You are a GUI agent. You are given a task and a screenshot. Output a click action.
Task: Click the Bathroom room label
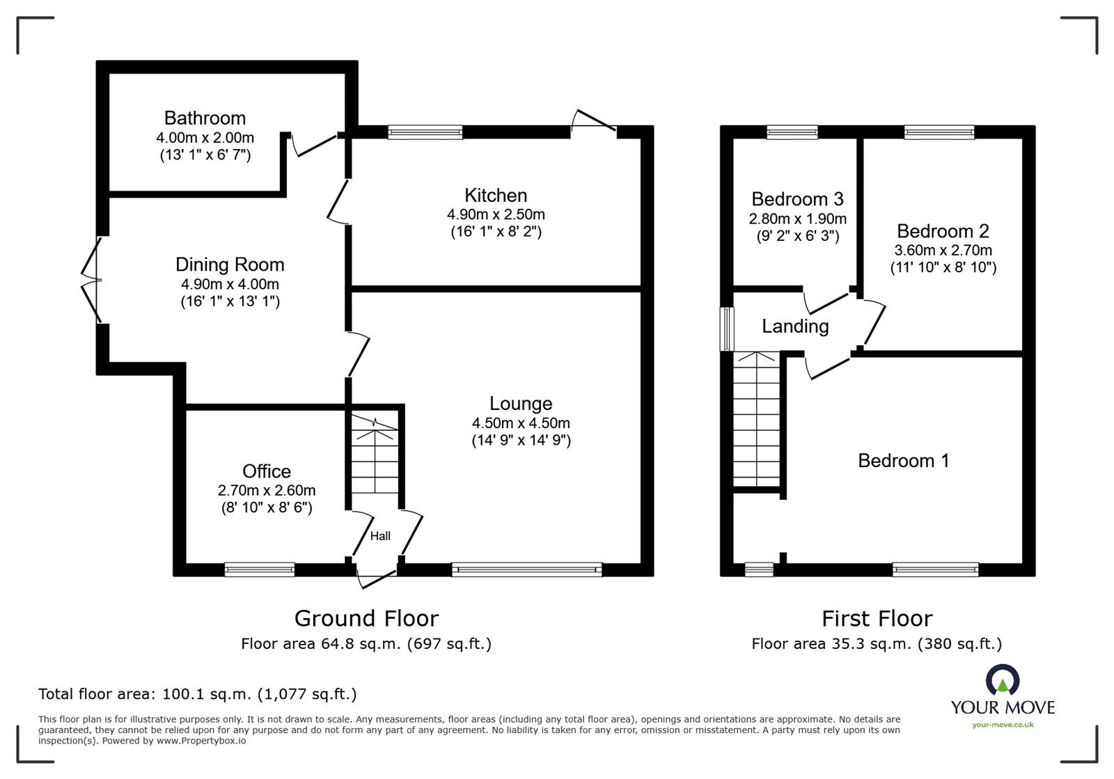205,118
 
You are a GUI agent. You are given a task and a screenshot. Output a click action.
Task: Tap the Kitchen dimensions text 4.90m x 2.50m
496,214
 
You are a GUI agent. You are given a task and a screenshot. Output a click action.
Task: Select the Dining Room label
230,265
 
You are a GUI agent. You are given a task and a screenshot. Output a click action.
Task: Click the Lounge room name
521,404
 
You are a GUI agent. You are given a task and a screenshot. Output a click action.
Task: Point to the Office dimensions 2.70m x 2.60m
266,490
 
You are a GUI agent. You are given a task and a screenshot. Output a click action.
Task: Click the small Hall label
380,536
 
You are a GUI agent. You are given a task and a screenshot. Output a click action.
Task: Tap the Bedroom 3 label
797,199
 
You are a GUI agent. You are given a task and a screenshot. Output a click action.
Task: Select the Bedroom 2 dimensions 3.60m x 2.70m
943,250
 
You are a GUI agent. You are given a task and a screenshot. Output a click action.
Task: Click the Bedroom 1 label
903,461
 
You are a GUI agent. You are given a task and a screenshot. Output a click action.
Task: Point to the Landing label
795,326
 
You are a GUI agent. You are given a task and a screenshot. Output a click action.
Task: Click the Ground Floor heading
366,618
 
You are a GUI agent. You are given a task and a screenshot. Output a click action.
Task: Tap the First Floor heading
877,618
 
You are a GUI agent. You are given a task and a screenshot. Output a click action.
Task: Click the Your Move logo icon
1003,681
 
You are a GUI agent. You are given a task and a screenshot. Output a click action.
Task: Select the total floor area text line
197,694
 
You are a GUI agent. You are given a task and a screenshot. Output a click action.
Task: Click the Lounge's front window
526,570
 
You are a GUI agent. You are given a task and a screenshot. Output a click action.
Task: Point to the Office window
259,570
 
